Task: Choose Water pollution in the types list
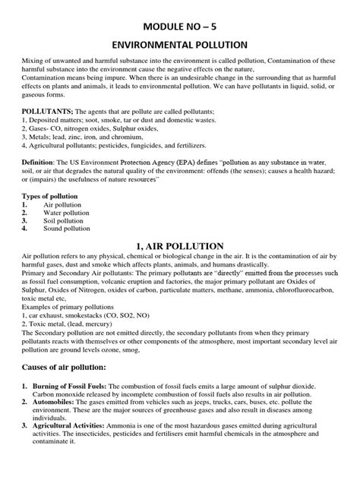[68, 213]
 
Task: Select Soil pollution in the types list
[65, 221]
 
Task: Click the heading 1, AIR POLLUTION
[179, 245]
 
